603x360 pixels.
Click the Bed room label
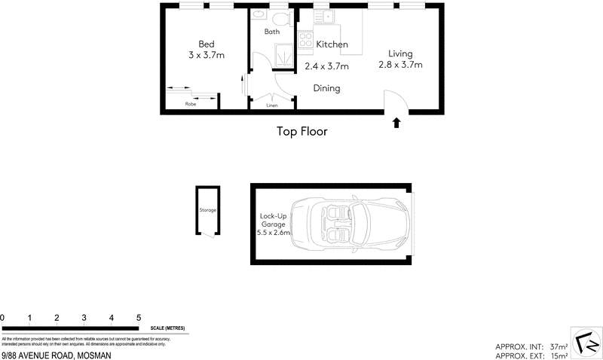(x=206, y=44)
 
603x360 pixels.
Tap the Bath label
(x=272, y=32)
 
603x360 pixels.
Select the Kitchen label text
(x=332, y=44)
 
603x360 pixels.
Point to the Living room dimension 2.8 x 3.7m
(x=400, y=66)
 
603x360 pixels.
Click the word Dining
(x=327, y=88)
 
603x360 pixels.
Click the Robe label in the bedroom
(x=191, y=105)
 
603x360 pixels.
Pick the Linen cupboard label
(x=272, y=105)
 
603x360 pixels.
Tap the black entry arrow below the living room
(x=396, y=122)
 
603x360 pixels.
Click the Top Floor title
(x=301, y=131)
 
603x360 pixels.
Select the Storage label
(x=207, y=210)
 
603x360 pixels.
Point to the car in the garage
(x=350, y=223)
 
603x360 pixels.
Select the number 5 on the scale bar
(x=139, y=318)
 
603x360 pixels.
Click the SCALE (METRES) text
(x=169, y=328)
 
